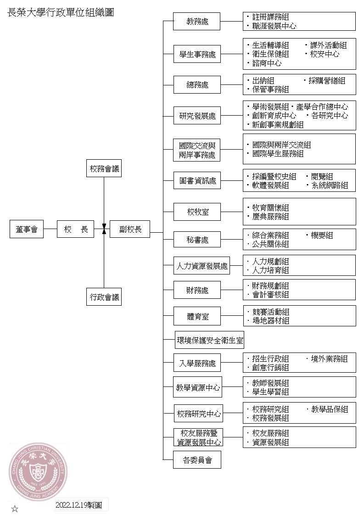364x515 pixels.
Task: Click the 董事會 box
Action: coord(26,229)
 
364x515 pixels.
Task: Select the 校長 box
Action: coord(76,229)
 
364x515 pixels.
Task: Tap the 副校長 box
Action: coord(129,229)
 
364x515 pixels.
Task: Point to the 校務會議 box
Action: coord(104,168)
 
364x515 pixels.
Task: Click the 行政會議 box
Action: coord(104,297)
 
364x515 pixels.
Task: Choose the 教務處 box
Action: coord(197,21)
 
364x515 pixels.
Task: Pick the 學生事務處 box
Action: coord(197,55)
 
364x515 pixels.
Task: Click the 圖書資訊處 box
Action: coord(197,181)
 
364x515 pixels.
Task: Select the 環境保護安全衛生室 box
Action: coord(210,341)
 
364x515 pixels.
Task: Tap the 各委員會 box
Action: coord(197,460)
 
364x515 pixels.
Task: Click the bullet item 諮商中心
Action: coord(266,63)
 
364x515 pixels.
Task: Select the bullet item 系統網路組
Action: coord(329,185)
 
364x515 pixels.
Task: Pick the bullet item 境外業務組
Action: coord(329,358)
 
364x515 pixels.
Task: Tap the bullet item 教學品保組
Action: coord(329,409)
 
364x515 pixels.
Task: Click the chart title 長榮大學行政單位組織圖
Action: coord(61,12)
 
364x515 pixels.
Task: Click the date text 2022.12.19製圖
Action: coord(82,505)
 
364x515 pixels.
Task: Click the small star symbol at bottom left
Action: coord(15,509)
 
